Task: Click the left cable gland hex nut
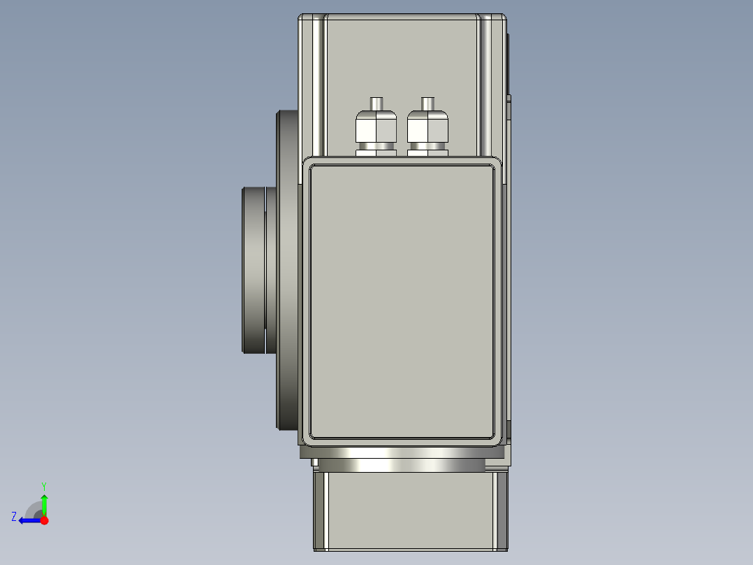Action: [x=376, y=128]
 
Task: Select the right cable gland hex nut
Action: [x=427, y=128]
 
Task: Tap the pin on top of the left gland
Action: [x=376, y=103]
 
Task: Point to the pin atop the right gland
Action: [x=427, y=103]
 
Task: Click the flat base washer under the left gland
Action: [x=376, y=152]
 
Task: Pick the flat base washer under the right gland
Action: [x=427, y=152]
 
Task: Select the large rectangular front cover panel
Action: [x=402, y=301]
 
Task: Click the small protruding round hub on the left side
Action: [x=254, y=269]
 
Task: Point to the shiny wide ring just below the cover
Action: [x=402, y=453]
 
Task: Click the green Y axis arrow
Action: [x=44, y=503]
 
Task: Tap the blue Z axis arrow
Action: [x=28, y=520]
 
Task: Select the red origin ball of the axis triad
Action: [x=44, y=520]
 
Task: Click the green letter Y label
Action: [x=43, y=485]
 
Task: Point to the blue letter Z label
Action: [x=13, y=517]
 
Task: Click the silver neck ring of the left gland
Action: [x=376, y=145]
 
